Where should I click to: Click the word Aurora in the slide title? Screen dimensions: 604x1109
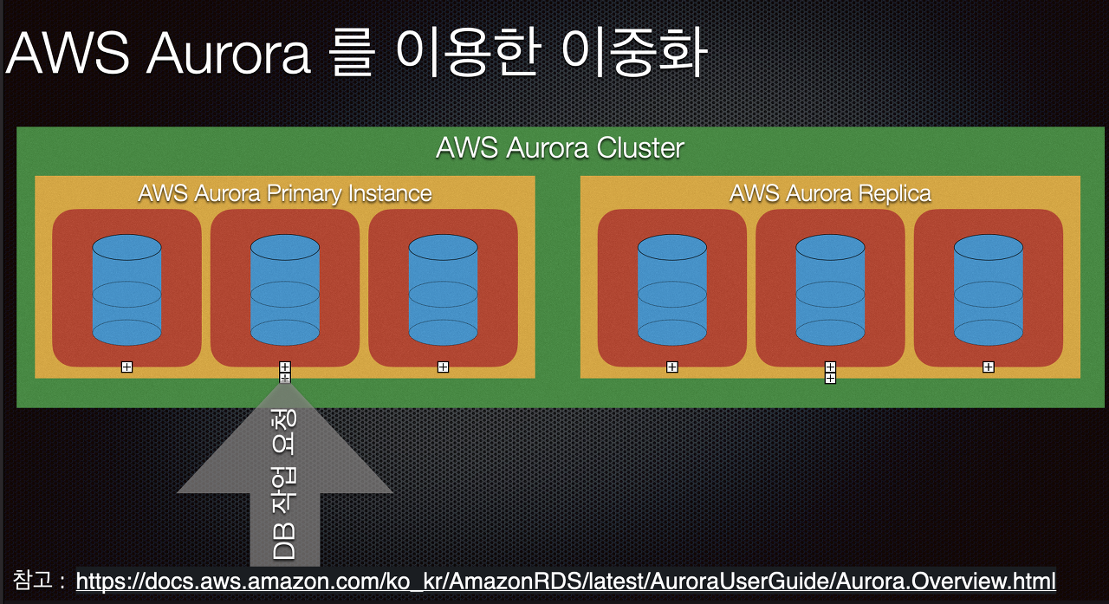pos(229,55)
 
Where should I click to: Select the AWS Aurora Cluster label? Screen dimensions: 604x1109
pos(560,148)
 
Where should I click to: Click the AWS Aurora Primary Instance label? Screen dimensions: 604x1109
pos(284,192)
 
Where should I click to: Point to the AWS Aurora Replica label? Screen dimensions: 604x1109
pos(830,192)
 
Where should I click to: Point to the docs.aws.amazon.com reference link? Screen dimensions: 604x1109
pos(566,580)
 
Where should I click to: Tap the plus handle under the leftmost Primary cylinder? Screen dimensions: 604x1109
pos(126,367)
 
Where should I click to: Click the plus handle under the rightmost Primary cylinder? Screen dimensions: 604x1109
pos(443,367)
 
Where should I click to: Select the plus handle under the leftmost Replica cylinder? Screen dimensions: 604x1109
pos(671,367)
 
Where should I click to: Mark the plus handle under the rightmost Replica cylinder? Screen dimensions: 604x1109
pos(988,367)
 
